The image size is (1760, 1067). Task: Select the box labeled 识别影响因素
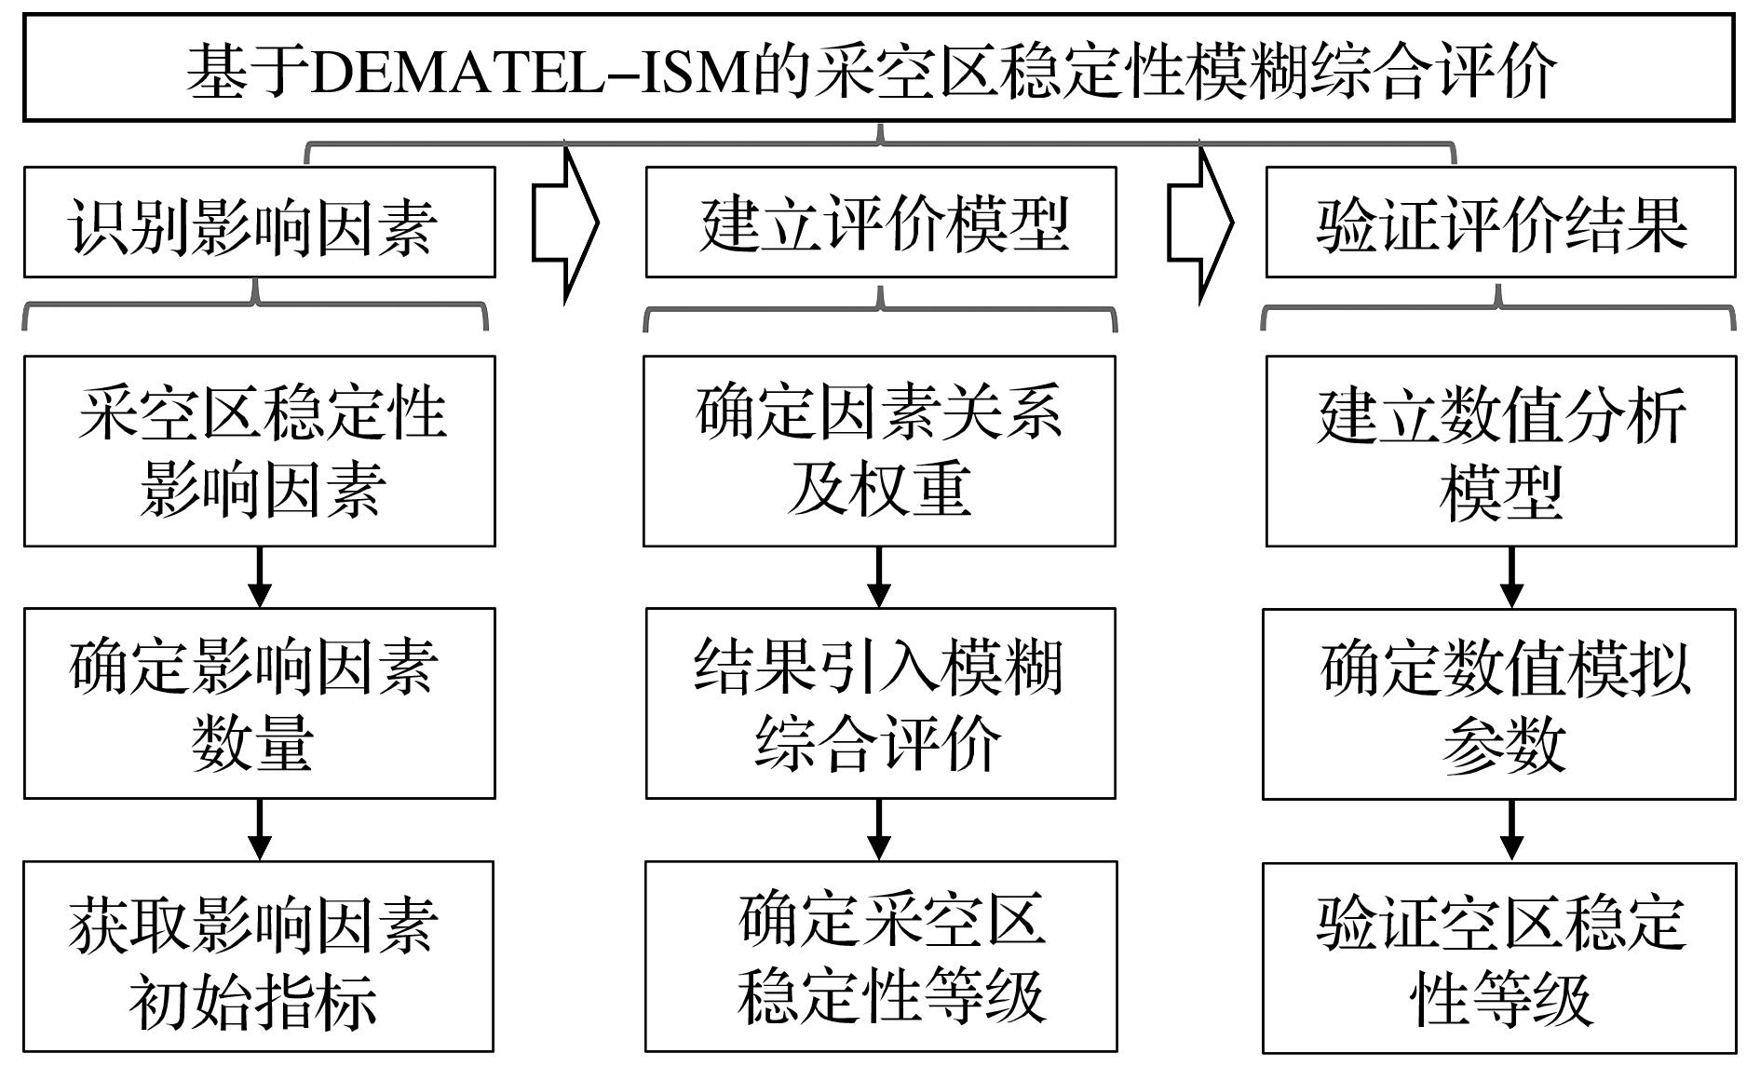tap(260, 223)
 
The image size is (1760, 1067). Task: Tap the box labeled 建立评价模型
tap(881, 223)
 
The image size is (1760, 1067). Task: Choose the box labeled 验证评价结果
tap(1500, 223)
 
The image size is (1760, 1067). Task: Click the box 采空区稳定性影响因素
tap(260, 451)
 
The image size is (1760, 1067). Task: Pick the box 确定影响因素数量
tap(260, 704)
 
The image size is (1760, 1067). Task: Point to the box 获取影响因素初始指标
tap(259, 957)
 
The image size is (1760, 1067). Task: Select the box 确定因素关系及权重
tap(879, 451)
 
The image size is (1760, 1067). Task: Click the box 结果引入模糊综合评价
tap(881, 704)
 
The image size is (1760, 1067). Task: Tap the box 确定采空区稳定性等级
tap(881, 957)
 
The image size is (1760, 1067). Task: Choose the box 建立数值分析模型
tap(1501, 451)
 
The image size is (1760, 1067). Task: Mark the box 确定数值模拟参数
tap(1499, 704)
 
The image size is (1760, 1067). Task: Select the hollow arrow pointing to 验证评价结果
tap(1200, 223)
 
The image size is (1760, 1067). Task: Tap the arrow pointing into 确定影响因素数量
tap(260, 577)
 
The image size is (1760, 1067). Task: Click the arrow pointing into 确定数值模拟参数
tap(1511, 577)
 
